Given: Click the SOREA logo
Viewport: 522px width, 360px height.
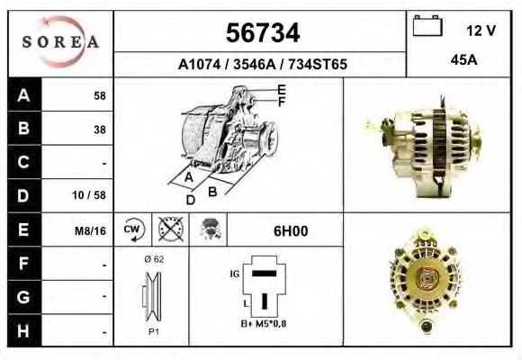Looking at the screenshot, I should click(60, 41).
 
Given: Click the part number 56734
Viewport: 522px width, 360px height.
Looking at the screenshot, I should click(261, 33).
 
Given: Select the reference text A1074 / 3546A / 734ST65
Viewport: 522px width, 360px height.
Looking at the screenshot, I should click(262, 65).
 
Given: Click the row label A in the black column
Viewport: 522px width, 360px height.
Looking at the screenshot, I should click(22, 94).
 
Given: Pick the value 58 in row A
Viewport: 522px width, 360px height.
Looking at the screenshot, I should click(100, 95).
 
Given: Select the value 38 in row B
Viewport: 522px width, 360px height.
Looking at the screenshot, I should click(100, 129).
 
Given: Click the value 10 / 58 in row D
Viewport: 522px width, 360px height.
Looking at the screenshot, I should click(93, 195).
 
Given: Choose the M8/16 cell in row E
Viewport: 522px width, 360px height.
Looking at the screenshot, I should click(91, 230).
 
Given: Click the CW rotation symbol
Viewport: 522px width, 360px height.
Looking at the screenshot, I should click(132, 230).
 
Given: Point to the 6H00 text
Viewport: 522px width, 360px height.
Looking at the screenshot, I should click(290, 230).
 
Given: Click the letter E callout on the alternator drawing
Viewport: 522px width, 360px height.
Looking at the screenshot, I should click(281, 88).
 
